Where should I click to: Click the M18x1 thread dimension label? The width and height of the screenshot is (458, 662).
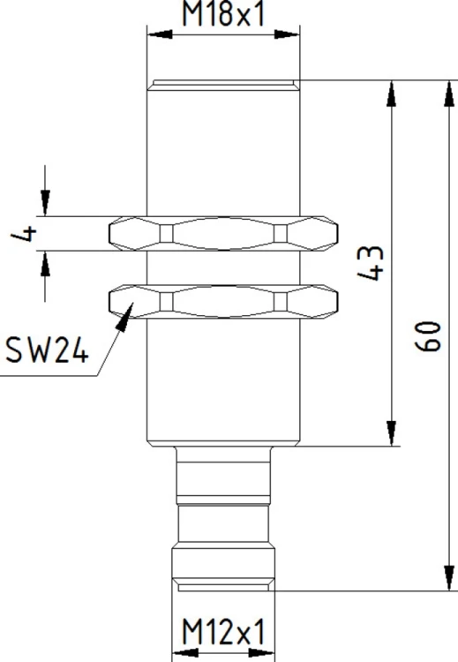pyautogui.click(x=224, y=14)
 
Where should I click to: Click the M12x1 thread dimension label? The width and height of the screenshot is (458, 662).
pyautogui.click(x=224, y=632)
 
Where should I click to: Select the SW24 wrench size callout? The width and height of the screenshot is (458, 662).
pyautogui.click(x=47, y=350)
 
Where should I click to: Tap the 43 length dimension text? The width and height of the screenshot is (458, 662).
pyautogui.click(x=371, y=263)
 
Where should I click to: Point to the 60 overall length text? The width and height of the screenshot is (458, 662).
pyautogui.click(x=428, y=336)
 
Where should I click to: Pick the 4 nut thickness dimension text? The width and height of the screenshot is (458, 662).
pyautogui.click(x=24, y=234)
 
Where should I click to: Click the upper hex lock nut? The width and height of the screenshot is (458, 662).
pyautogui.click(x=223, y=234)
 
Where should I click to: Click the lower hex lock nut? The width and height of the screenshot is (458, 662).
pyautogui.click(x=223, y=302)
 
